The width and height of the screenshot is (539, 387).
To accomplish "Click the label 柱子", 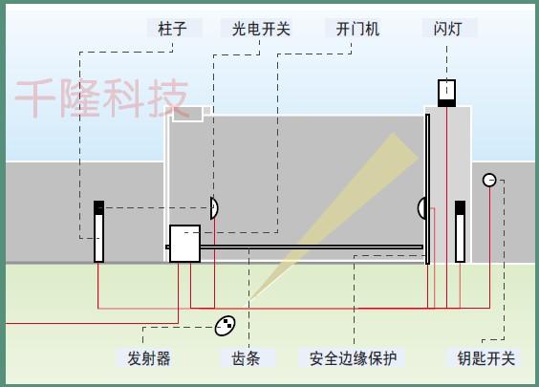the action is point(172,29).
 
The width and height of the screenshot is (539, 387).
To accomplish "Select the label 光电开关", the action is point(261,29).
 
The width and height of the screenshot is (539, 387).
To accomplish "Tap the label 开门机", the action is point(357,29).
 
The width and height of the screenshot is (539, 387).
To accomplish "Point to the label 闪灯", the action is point(447,29).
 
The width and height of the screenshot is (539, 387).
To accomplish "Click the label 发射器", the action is point(149,358).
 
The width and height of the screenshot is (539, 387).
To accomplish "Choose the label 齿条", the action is point(246,358).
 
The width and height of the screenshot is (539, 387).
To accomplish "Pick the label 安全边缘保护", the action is point(354,358).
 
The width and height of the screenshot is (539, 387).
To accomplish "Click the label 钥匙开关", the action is point(486,358).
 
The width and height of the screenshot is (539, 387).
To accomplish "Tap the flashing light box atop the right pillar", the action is point(446,93).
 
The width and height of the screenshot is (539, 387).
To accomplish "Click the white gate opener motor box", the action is point(185,244).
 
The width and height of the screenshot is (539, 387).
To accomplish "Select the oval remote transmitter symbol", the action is point(226,326).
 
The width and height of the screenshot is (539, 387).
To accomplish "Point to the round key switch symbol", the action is point(489,180).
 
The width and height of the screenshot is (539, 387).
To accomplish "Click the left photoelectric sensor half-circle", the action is point(213,208).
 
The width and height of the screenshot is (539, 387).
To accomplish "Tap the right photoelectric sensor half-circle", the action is point(421,208).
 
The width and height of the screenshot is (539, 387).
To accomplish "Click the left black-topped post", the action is point(99,231).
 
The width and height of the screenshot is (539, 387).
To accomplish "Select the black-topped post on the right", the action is point(461,231).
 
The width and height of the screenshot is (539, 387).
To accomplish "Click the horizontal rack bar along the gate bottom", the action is point(312,247).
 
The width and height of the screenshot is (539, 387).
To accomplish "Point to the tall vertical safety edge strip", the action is point(427,189).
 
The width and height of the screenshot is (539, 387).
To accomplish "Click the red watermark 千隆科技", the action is point(102,98).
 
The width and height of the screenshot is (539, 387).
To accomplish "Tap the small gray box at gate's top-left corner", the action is point(187,114).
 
